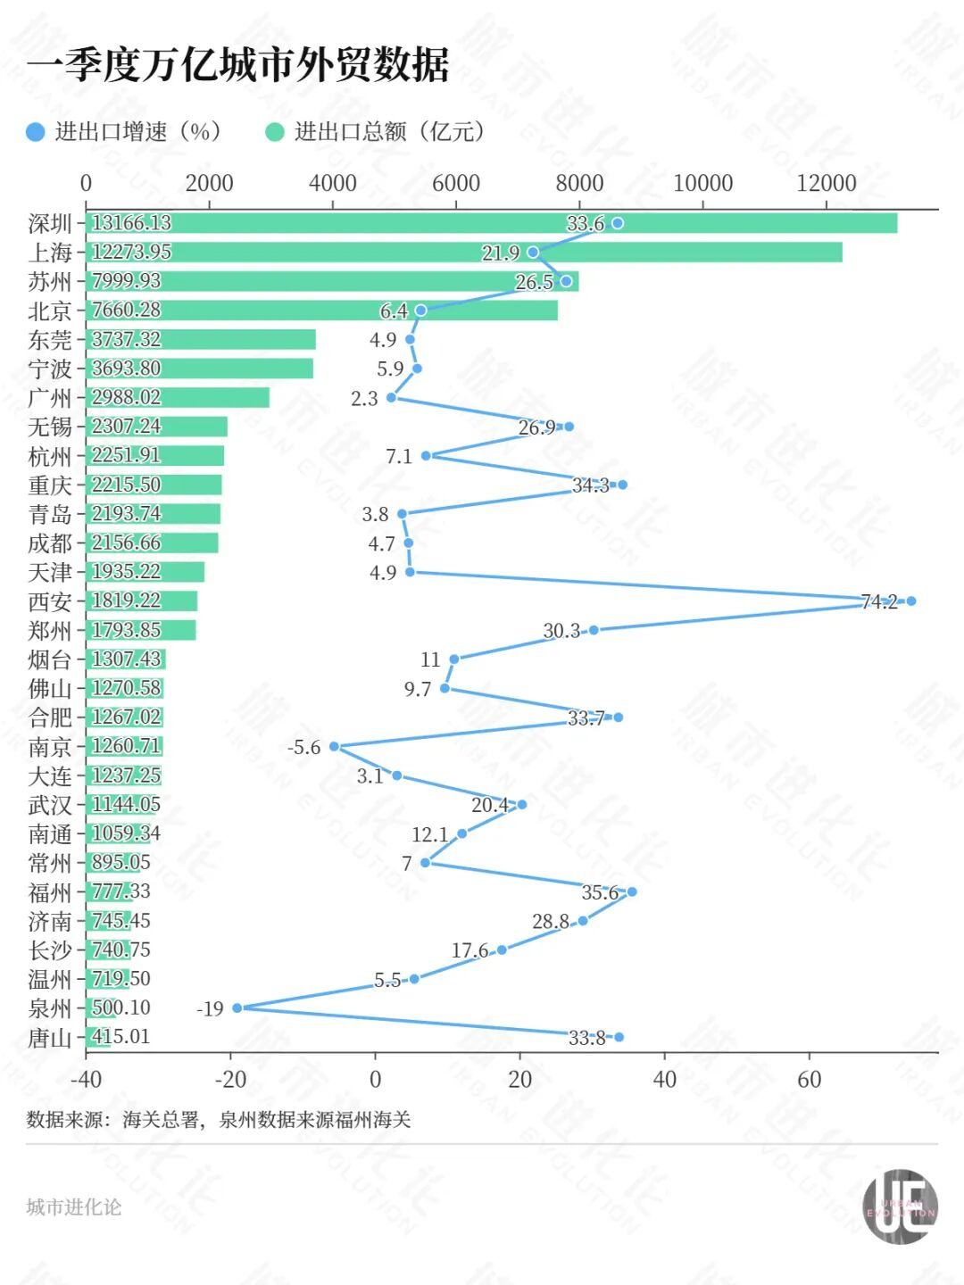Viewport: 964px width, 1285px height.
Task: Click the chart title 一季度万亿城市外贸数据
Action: [x=237, y=65]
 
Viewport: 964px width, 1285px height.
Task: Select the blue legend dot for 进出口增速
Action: [x=36, y=132]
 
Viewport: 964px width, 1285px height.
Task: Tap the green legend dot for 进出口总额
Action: [x=275, y=132]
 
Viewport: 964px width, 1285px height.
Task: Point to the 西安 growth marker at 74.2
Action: [x=910, y=601]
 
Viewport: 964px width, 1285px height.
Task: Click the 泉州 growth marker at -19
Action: [x=237, y=1007]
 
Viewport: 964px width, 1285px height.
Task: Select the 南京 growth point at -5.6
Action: [x=335, y=746]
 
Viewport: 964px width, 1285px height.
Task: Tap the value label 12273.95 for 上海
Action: [x=131, y=252]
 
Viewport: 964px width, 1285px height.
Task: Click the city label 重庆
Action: [x=50, y=485]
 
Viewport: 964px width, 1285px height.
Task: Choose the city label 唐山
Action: [x=50, y=1037]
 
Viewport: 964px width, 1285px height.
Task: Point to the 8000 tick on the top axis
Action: [x=579, y=183]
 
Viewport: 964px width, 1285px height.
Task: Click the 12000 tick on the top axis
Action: [x=826, y=183]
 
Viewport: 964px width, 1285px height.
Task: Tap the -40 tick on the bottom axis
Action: [x=86, y=1079]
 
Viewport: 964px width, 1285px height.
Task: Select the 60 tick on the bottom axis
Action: [x=809, y=1079]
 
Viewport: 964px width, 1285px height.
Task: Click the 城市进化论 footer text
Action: [x=73, y=1206]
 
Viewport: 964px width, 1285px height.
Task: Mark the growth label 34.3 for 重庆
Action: [x=590, y=485]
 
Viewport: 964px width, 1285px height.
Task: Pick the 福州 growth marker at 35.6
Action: [x=632, y=891]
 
